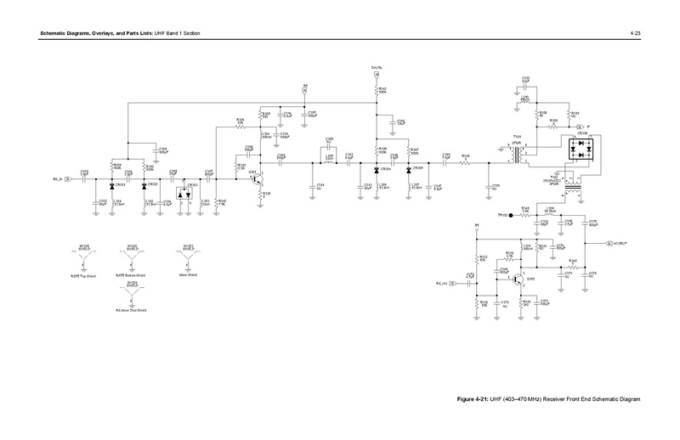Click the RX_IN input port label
57,180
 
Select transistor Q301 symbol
261,181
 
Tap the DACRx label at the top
377,66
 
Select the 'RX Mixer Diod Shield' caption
131,311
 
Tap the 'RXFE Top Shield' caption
84,276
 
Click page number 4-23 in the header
635,32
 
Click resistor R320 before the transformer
465,159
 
